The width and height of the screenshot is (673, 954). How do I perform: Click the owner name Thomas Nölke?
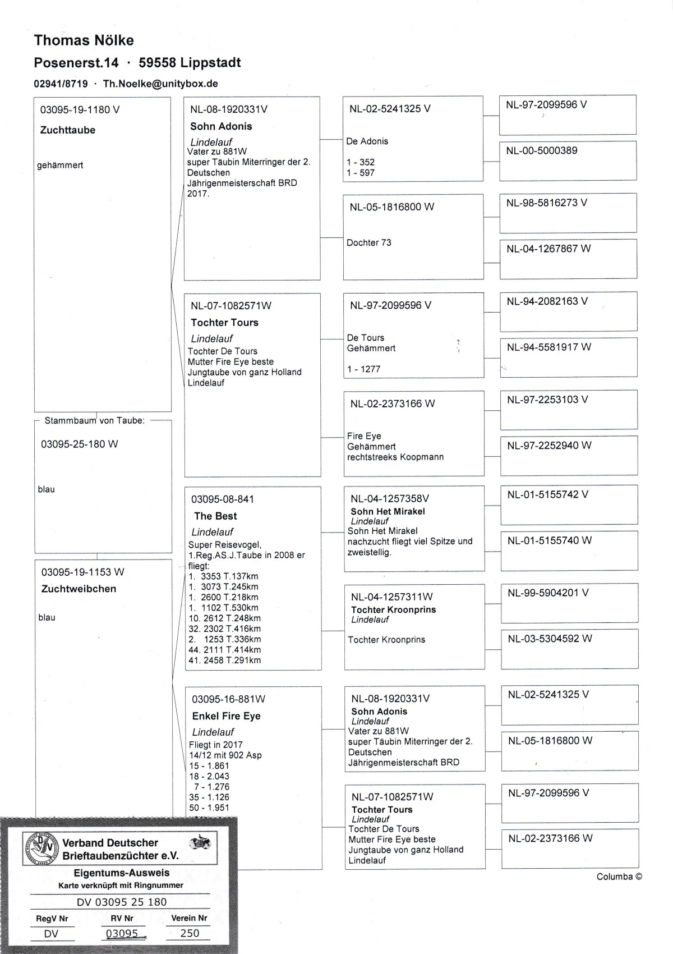84,40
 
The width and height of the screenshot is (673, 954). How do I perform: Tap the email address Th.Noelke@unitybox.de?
160,84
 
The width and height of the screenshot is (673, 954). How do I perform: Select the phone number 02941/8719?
61,84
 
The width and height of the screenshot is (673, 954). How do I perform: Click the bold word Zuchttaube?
68,130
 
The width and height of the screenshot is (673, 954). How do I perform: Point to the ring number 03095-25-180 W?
80,444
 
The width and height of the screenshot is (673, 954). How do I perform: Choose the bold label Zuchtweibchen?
79,589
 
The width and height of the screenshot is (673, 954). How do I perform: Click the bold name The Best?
215,516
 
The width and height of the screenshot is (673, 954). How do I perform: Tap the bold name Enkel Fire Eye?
226,716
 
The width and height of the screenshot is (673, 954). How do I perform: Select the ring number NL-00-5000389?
542,150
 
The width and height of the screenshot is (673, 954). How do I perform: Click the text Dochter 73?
369,242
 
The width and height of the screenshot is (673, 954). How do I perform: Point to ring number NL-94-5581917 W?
549,347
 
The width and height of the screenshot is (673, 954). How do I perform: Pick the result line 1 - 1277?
363,369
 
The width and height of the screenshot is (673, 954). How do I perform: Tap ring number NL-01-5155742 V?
548,495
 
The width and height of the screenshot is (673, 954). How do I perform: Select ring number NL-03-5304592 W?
550,639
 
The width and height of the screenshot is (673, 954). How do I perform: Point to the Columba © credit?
619,877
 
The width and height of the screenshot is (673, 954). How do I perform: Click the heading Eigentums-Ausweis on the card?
122,873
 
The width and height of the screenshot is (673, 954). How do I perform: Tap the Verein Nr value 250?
190,933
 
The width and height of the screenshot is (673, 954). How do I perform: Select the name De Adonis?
367,141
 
